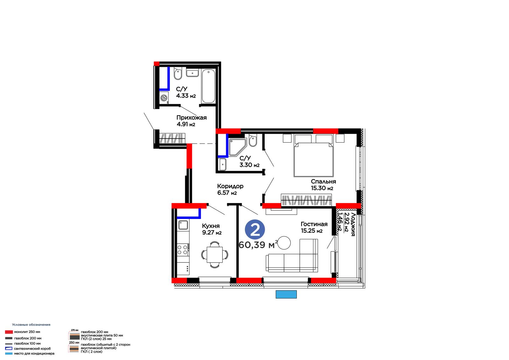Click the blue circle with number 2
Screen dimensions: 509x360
click(x=255, y=229)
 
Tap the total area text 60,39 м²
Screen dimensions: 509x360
click(x=258, y=245)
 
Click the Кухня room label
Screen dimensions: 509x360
click(x=211, y=226)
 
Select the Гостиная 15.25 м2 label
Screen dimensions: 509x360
click(x=314, y=227)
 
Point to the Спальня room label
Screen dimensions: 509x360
click(x=323, y=181)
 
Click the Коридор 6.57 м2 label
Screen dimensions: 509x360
click(x=230, y=189)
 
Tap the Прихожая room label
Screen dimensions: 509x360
click(x=192, y=118)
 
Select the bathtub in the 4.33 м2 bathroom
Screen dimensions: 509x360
click(x=208, y=86)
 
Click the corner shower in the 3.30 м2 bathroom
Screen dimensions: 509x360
click(x=237, y=147)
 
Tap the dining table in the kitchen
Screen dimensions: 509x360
click(x=214, y=254)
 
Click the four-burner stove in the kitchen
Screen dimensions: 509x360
click(x=183, y=250)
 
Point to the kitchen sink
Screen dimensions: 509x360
click(x=183, y=225)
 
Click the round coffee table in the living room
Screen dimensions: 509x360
click(x=284, y=243)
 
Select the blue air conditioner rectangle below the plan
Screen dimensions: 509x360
click(x=286, y=294)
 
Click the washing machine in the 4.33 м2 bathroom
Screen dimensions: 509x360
click(x=164, y=98)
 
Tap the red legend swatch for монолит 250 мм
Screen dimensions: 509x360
click(x=9, y=332)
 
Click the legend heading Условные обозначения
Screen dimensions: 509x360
click(x=31, y=325)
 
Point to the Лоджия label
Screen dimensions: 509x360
click(x=353, y=224)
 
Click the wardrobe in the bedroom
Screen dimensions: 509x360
click(x=306, y=200)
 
